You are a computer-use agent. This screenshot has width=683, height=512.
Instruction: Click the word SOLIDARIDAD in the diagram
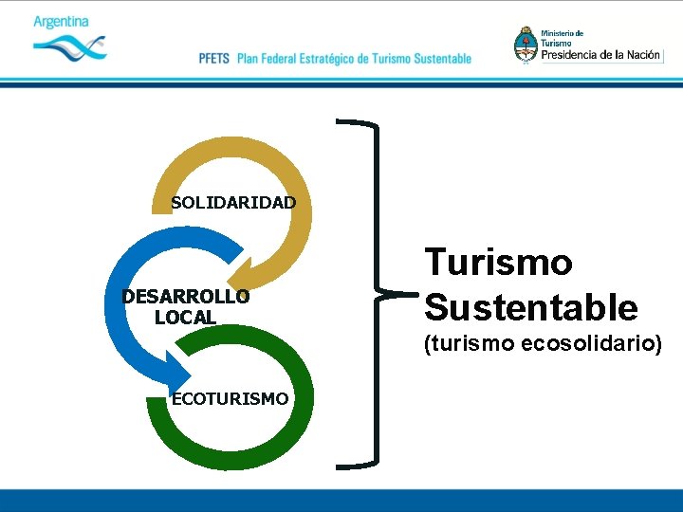point(233,202)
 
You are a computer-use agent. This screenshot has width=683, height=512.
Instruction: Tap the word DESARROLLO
point(186,297)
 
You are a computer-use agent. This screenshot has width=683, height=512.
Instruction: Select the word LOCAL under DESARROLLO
point(185,318)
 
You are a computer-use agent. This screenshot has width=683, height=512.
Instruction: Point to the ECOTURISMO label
point(230,399)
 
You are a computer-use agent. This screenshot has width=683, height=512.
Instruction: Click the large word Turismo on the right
point(498,262)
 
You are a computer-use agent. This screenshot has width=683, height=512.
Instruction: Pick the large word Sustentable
point(530,306)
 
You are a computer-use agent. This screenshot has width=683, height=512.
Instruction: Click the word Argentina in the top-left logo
point(61,21)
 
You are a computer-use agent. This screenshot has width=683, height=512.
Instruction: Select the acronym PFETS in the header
point(214,59)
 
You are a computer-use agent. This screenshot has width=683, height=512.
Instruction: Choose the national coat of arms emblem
point(525,45)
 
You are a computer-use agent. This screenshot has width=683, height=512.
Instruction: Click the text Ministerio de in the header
point(563,34)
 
